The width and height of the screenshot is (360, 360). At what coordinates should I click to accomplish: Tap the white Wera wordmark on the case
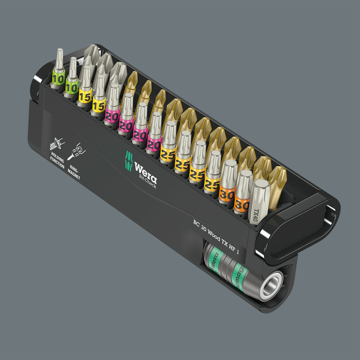click(x=145, y=170)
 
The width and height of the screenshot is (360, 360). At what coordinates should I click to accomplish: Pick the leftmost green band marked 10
click(x=58, y=77)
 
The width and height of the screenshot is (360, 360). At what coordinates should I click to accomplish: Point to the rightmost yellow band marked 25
click(x=212, y=182)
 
